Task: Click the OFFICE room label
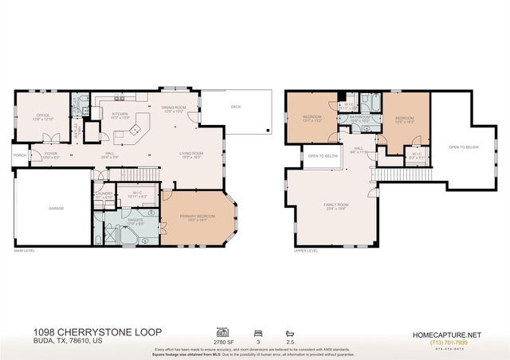pos(42,115)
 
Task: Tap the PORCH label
pos(19,155)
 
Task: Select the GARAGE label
pos(55,209)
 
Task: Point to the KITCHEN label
pos(120,114)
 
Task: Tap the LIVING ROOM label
pos(191,153)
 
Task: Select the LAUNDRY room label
pos(104,194)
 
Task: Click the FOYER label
pos(50,154)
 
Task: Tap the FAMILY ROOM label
pos(335,205)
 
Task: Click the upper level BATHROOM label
pos(360,118)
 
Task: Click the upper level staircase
pos(390,174)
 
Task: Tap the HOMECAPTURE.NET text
pos(450,335)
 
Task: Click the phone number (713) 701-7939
pos(450,342)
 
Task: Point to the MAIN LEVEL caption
pos(25,252)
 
